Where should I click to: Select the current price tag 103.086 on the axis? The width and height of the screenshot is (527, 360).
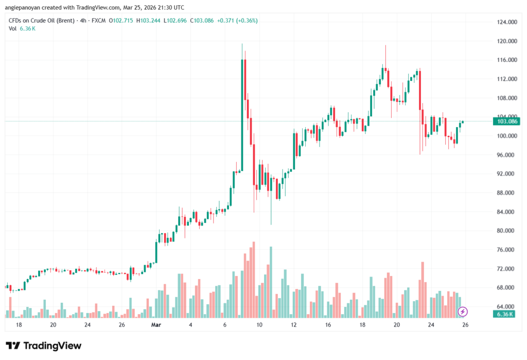pos(505,122)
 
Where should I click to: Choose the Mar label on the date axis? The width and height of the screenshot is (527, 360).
pos(156,325)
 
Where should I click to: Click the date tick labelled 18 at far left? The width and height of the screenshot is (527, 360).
pos(19,325)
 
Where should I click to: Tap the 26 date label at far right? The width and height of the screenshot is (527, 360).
pos(465,325)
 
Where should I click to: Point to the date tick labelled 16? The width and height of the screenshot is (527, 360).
pos(328,325)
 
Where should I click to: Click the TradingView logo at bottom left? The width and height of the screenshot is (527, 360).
pos(43,346)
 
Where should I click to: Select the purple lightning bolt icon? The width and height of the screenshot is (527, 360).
pos(463,312)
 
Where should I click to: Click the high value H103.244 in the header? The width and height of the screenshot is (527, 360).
pos(147,21)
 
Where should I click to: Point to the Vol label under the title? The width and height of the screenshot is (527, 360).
pos(13,29)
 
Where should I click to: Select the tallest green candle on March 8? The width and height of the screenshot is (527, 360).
pos(242,116)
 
